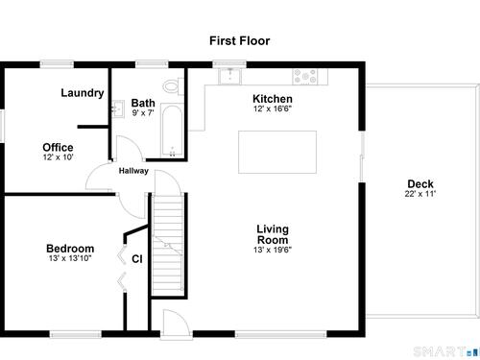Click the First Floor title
click(240, 41)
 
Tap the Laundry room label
click(83, 93)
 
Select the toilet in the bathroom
click(173, 86)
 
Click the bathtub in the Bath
click(172, 131)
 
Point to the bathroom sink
click(118, 108)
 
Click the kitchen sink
click(229, 77)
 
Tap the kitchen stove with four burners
click(305, 77)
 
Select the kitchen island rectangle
click(277, 152)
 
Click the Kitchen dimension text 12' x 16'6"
click(273, 108)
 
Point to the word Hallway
click(133, 171)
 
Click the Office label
click(58, 147)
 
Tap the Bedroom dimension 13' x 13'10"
click(70, 258)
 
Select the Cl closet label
click(137, 259)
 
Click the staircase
click(168, 245)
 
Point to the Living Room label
click(273, 234)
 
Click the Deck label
click(420, 184)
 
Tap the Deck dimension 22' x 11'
click(420, 194)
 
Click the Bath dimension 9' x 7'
click(143, 113)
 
